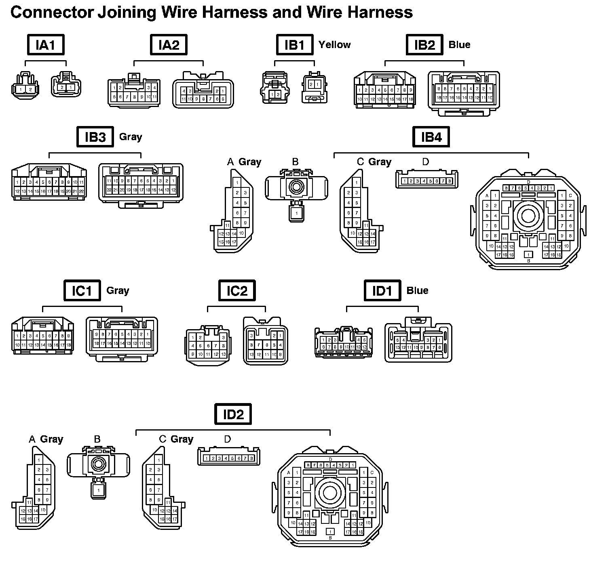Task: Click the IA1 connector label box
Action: coord(46,44)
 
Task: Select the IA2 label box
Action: coord(169,44)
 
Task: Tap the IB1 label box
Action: coord(295,44)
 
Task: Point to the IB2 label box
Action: coord(424,44)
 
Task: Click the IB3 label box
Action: coord(95,137)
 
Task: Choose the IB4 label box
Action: coord(431,137)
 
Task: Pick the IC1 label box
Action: coord(82,290)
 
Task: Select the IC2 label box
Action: coord(236,290)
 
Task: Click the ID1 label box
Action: coord(382,290)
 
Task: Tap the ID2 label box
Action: coord(233,414)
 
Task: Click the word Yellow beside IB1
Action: coord(334,44)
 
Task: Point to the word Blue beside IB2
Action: coord(459,44)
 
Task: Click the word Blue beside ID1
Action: coord(417,290)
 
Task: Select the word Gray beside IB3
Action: coord(131,137)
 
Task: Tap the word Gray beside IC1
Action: coord(118,290)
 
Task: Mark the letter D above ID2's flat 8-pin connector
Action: coord(227,439)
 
